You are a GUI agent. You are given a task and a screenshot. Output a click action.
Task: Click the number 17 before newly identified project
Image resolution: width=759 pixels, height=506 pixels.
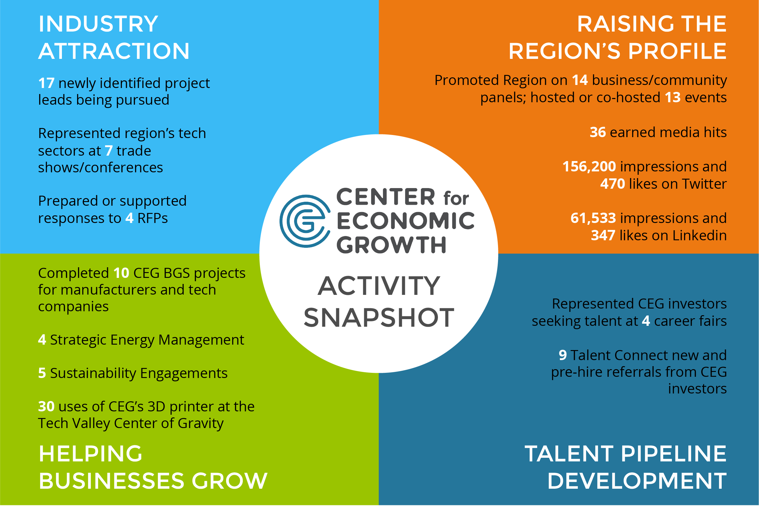coord(46,83)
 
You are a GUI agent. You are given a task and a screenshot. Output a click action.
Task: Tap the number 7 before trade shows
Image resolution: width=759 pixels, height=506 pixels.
coord(109,151)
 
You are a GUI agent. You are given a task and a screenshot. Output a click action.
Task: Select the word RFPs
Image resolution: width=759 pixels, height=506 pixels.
coord(153,218)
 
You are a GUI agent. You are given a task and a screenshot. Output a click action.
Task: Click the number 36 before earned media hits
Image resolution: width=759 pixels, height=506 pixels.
coord(598,132)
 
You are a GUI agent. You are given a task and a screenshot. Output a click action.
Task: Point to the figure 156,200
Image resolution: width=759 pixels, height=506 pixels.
coord(589,167)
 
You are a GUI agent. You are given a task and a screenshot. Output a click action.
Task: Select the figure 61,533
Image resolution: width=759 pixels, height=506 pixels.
coord(593,218)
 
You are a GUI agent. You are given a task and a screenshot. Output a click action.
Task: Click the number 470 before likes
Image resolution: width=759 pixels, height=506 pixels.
coord(613,184)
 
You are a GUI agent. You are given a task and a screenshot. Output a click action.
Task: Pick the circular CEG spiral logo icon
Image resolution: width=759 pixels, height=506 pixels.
coord(305,221)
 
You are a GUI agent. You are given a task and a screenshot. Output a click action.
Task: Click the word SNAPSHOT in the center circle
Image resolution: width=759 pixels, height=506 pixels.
coord(379,318)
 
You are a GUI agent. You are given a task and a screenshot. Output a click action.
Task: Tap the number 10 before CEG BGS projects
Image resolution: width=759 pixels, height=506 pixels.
coord(121,273)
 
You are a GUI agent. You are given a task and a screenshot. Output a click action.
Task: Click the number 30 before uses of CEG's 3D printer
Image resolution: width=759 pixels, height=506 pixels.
coord(46,406)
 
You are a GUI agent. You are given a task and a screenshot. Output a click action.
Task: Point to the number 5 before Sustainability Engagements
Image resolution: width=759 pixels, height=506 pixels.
coord(42,373)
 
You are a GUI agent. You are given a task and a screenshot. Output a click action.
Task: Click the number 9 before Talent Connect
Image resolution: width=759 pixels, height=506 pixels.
coord(563,355)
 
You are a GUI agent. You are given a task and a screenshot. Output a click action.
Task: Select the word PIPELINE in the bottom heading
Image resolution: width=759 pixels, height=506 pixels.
coord(674,454)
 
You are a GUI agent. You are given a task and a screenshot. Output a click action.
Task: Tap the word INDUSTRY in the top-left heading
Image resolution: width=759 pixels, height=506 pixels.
coord(98,24)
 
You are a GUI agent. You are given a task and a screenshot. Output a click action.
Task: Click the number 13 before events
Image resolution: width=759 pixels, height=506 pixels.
coord(673,97)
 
